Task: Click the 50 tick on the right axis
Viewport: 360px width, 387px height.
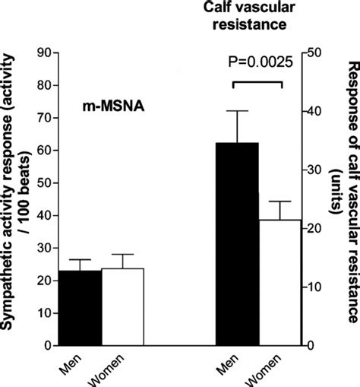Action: [x=313, y=53]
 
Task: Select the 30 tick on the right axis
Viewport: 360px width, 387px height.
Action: [x=313, y=170]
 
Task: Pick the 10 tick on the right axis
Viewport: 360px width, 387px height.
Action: [x=313, y=287]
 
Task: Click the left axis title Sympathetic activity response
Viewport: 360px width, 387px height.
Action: [x=17, y=198]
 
